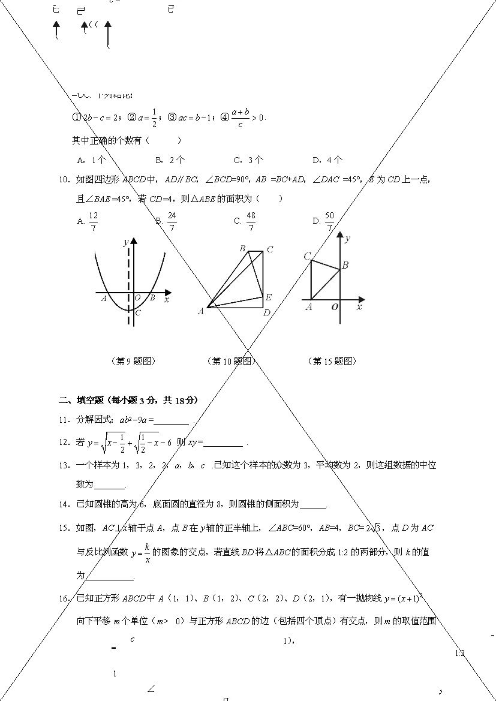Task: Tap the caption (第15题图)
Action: (334, 361)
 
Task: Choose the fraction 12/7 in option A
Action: (93, 221)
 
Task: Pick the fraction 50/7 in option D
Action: (329, 221)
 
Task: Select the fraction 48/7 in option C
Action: (251, 221)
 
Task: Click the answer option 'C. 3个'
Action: (248, 160)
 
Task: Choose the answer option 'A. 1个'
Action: (92, 160)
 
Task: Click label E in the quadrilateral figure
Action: (268, 297)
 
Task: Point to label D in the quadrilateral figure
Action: (267, 312)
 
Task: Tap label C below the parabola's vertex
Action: (137, 312)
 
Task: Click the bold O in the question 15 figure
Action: (335, 307)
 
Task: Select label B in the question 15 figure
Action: (345, 265)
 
